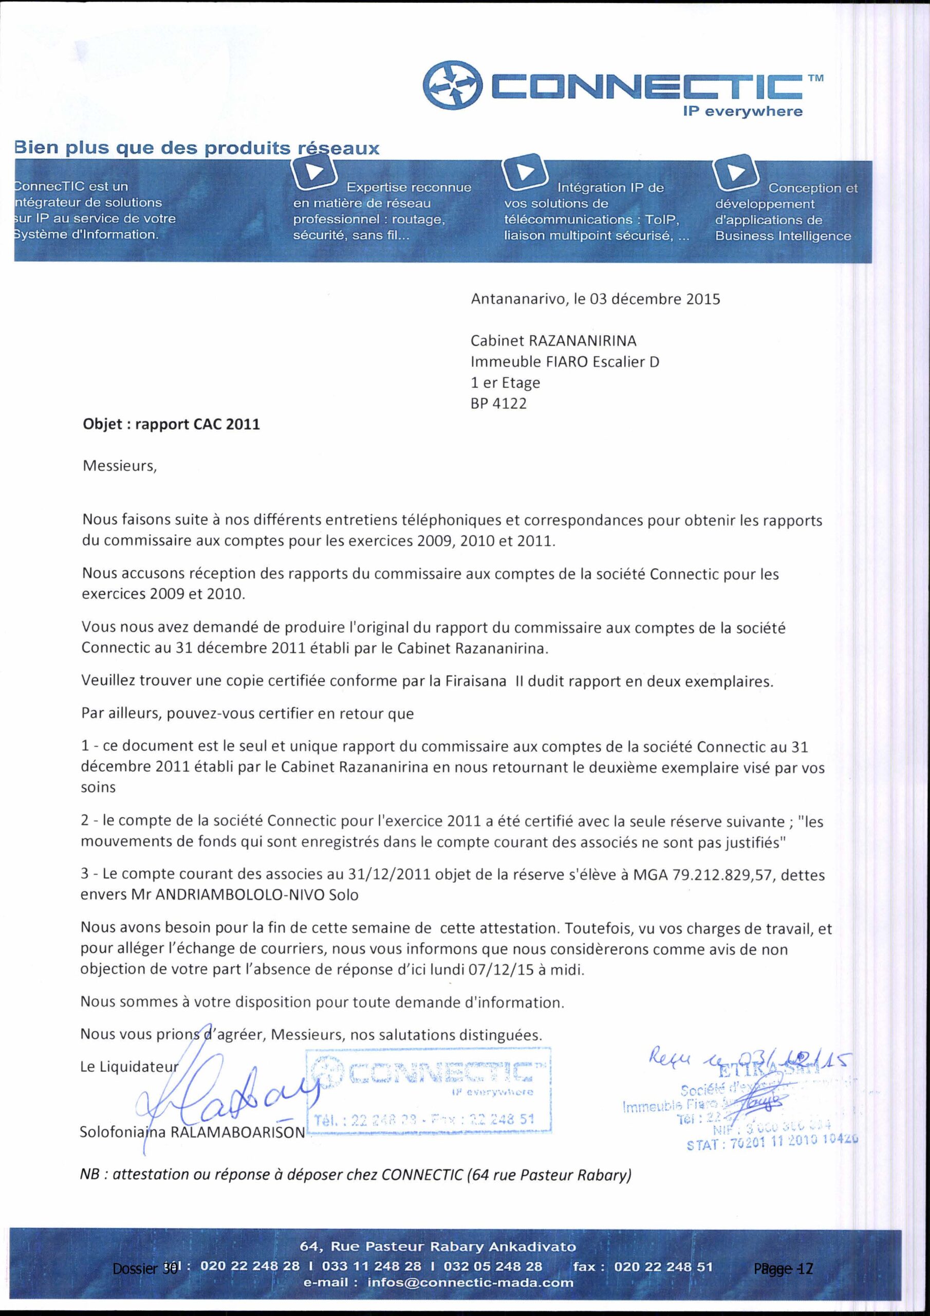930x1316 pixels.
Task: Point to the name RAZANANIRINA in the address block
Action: point(582,341)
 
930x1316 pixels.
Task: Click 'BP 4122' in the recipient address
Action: point(498,404)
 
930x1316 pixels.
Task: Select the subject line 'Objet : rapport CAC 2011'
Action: point(171,425)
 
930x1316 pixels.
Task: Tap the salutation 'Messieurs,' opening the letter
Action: point(119,465)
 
